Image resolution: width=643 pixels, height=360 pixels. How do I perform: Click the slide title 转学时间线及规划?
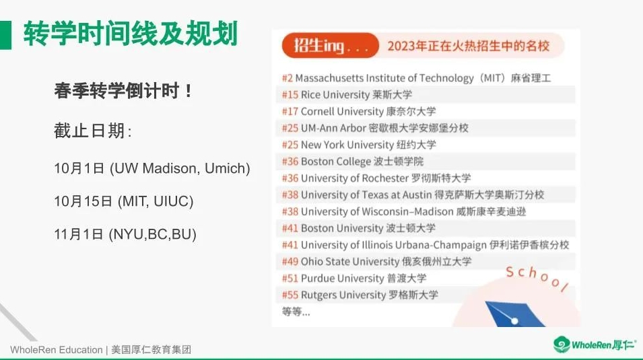click(131, 34)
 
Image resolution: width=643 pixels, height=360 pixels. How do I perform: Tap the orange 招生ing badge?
click(330, 45)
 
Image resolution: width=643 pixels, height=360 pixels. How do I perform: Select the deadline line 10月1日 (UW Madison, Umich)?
click(152, 168)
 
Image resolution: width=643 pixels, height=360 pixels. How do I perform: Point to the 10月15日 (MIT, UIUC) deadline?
click(124, 201)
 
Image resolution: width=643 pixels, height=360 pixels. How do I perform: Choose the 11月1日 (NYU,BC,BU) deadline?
click(125, 234)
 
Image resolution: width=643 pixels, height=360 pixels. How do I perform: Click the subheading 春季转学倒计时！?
click(123, 91)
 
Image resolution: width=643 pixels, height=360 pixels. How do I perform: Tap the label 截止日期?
click(93, 131)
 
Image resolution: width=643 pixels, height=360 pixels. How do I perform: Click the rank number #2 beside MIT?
click(287, 78)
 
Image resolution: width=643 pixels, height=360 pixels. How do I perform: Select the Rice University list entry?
click(347, 95)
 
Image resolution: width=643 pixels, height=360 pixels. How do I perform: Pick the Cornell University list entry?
click(359, 111)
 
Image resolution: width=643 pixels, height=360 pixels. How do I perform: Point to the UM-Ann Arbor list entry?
click(375, 128)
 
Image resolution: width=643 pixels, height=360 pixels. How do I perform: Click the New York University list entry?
click(359, 145)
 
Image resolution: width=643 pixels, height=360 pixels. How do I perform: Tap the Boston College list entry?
click(353, 161)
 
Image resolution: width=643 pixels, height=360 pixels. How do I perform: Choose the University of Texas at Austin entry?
click(413, 194)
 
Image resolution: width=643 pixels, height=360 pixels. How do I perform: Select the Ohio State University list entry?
click(376, 261)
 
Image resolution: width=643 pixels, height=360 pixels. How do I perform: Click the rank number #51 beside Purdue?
click(290, 279)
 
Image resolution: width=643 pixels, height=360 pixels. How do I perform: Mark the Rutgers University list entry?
click(360, 295)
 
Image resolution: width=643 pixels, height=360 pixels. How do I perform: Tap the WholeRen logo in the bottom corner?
click(595, 345)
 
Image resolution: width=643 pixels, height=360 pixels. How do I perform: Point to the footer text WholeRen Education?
click(56, 350)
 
